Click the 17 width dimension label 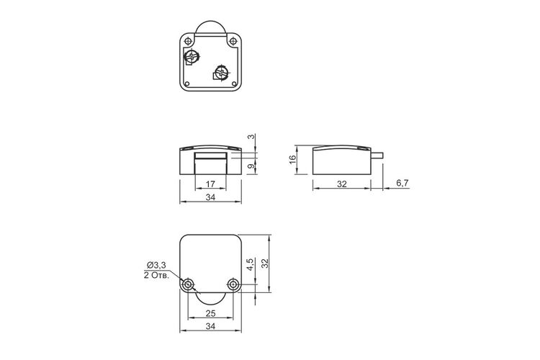click(x=210, y=184)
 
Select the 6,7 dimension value click(x=402, y=183)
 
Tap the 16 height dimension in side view click(x=292, y=159)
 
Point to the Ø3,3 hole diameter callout click(x=157, y=265)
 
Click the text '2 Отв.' click(x=157, y=276)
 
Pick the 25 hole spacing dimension click(x=210, y=313)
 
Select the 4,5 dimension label click(x=251, y=264)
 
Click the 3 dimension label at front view click(x=252, y=136)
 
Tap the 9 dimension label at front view click(x=252, y=166)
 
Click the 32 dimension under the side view click(x=341, y=184)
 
